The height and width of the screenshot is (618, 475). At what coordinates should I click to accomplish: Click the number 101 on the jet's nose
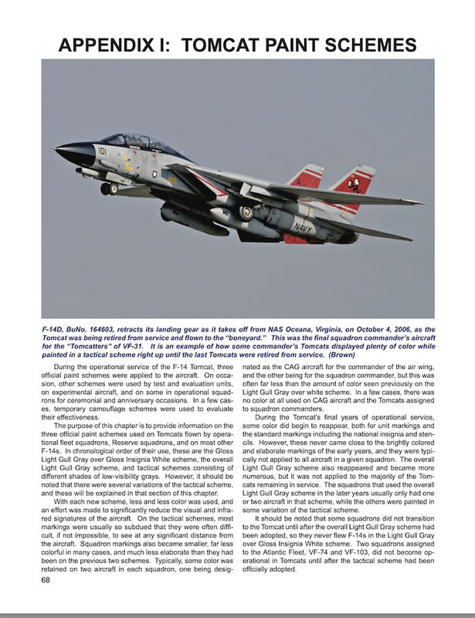[x=101, y=152]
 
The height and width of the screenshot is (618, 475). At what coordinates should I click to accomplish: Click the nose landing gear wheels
[x=110, y=188]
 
